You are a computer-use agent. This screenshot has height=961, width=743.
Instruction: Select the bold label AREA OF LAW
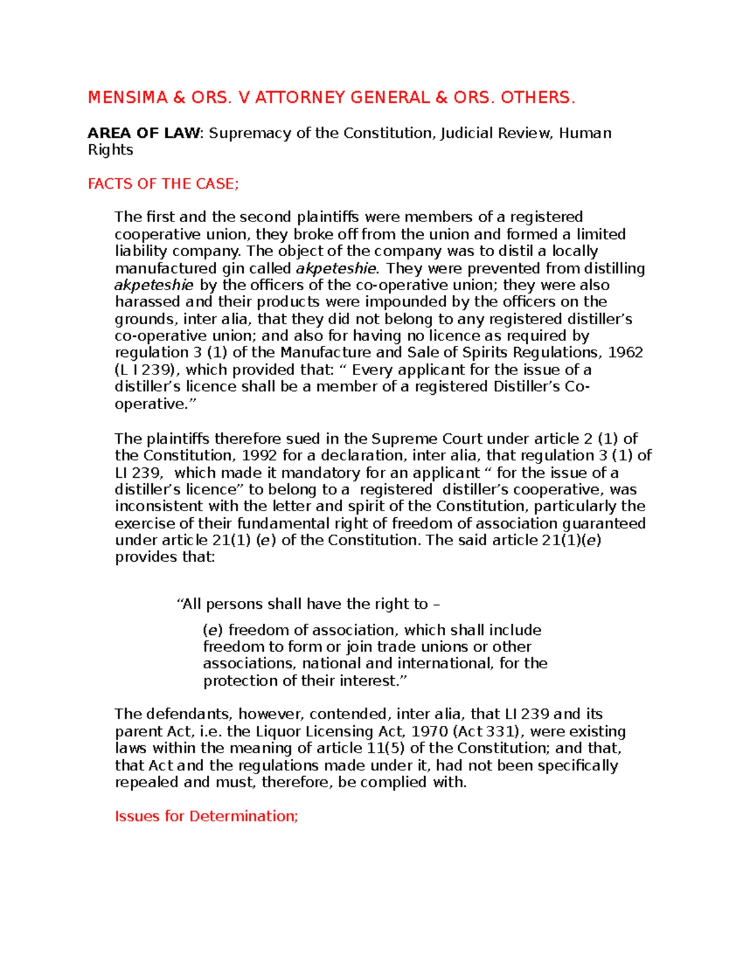[x=144, y=133]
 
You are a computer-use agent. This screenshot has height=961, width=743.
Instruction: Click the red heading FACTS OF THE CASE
[x=163, y=184]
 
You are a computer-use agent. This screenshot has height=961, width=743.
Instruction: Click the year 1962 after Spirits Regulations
[x=625, y=353]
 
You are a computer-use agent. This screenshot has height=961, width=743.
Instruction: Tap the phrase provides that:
[x=165, y=558]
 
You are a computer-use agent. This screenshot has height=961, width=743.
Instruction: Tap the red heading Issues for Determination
[x=206, y=816]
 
